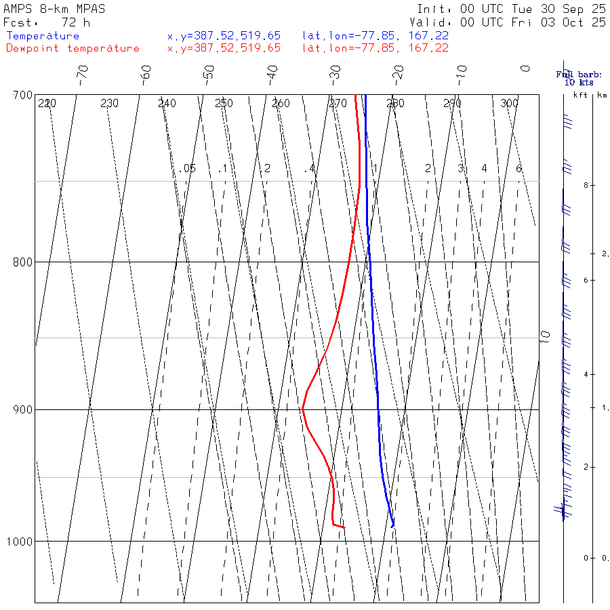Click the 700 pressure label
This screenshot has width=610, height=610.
click(23, 94)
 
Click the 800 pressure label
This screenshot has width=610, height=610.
click(23, 262)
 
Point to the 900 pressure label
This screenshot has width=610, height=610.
click(23, 409)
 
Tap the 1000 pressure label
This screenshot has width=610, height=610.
click(20, 541)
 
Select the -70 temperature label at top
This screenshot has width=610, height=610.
click(82, 73)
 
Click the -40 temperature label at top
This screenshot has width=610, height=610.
click(272, 73)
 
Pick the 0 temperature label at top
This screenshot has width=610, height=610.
click(525, 68)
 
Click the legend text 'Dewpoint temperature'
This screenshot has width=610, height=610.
click(73, 48)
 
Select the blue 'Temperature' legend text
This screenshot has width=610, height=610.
click(43, 36)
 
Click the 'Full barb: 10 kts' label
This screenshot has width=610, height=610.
click(575, 78)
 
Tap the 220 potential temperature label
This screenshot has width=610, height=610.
click(47, 104)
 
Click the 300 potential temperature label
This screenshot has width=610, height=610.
click(509, 104)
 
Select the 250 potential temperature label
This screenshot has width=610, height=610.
click(224, 104)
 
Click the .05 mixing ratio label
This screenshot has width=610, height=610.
click(188, 168)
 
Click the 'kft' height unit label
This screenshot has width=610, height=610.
click(580, 96)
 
